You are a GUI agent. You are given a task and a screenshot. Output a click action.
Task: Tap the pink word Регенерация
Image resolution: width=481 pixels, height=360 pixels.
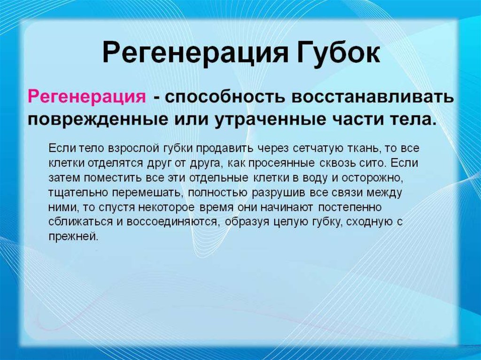[85, 97]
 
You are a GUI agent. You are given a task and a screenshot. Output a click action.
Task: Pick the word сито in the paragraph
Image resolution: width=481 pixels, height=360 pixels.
[371, 164]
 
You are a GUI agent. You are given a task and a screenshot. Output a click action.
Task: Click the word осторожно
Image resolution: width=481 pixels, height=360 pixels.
[375, 178]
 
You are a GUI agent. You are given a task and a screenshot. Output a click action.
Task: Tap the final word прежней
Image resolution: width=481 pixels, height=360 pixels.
[73, 237]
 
